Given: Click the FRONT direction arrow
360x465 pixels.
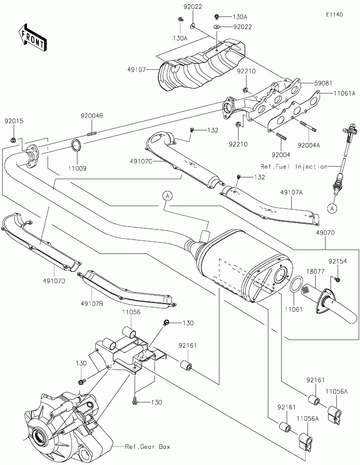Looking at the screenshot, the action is pos(33,37).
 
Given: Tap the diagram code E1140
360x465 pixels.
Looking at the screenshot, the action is pos(334,15).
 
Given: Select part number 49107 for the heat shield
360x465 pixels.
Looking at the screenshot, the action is pos(136,69).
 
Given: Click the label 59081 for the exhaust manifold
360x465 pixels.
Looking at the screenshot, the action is pos(323,83).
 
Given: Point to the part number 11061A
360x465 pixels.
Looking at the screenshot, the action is pos(344,93).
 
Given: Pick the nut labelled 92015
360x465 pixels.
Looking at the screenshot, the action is pos(13,140).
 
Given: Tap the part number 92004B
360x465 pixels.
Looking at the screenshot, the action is pos(92,116).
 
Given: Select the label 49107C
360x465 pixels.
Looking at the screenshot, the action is pos(141,161).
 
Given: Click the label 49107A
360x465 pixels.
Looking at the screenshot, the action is pos(291,192).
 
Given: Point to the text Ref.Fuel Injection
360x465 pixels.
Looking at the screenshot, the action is pos(294,166).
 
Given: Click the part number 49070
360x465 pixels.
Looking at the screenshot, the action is pos(325,233).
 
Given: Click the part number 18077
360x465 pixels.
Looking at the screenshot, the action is pos(315,271).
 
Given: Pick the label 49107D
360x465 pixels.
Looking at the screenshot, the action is pos(54,281).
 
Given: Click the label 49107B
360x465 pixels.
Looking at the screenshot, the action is pos(92,304).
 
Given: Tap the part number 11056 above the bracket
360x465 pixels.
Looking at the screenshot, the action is pos(131,312).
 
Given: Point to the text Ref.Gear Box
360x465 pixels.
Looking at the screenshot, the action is pos(148,447).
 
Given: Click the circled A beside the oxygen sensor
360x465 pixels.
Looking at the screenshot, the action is pos(332,208).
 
